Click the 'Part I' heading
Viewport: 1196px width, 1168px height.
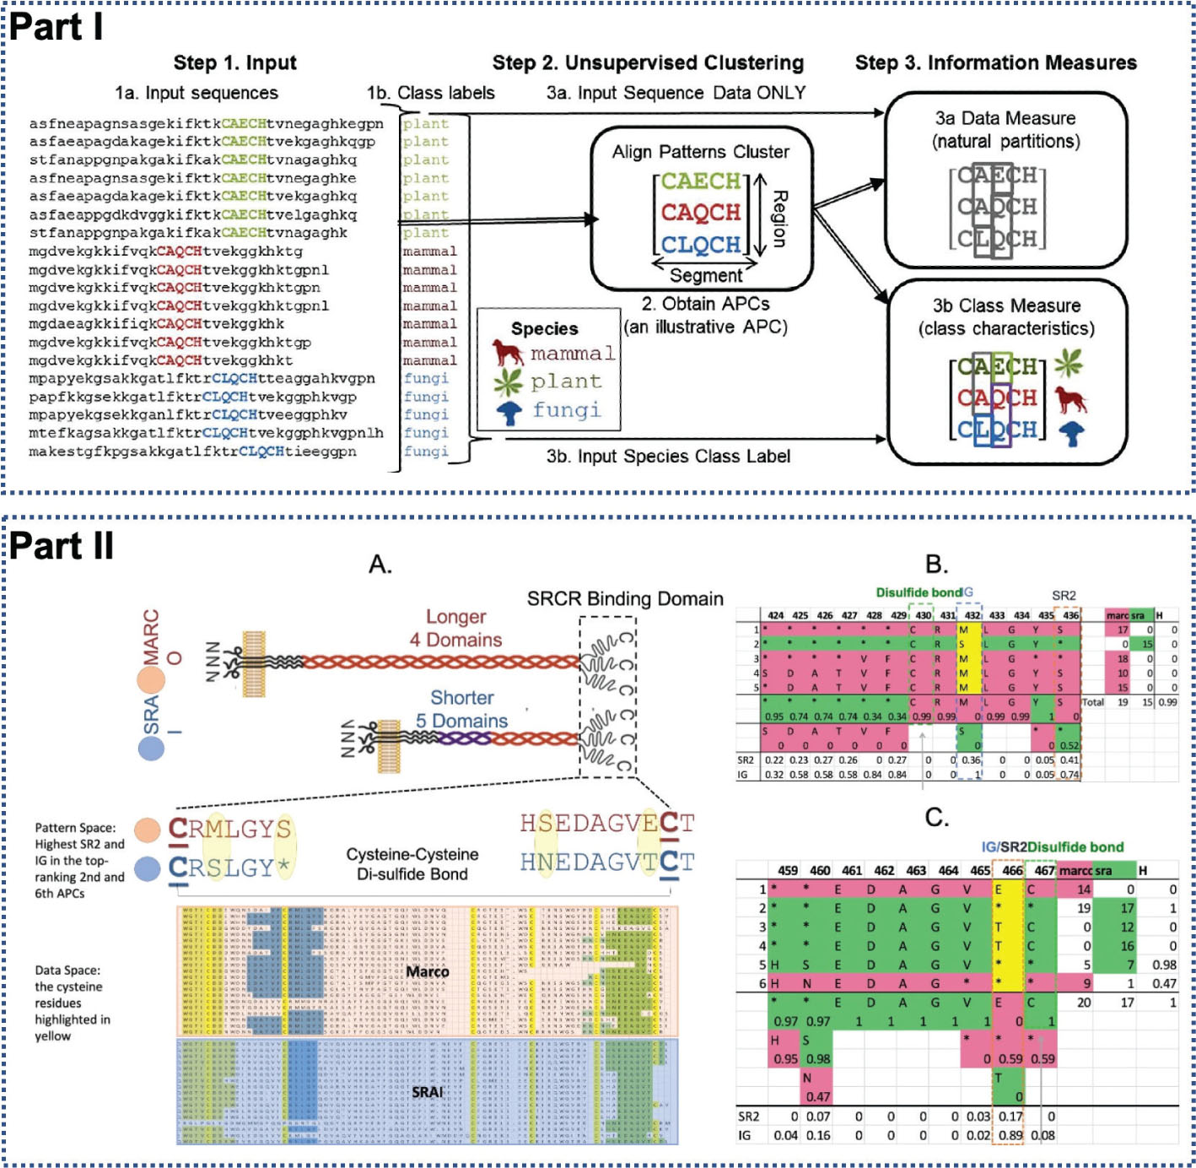tap(57, 27)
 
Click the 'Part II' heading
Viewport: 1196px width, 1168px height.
tap(62, 546)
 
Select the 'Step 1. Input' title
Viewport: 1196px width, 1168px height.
tap(234, 63)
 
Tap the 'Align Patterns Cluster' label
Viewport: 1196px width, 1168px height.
tap(700, 152)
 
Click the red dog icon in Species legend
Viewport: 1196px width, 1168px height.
tap(508, 352)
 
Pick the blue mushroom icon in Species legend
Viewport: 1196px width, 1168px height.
tap(509, 413)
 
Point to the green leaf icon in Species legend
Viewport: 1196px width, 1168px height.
tap(508, 382)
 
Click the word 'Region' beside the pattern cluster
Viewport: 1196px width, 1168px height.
tap(779, 219)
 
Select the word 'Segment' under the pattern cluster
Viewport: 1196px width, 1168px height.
tap(706, 275)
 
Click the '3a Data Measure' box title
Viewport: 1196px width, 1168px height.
tap(1005, 119)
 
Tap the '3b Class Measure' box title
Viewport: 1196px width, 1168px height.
tap(1006, 306)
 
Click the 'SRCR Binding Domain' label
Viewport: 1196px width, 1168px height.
tap(625, 599)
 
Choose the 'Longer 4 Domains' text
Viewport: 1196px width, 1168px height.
tap(456, 629)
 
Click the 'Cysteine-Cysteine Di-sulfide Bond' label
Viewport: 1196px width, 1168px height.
tap(412, 864)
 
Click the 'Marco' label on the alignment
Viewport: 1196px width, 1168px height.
tap(428, 972)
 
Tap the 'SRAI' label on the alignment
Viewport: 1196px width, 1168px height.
tap(428, 1092)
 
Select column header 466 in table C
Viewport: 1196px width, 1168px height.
tap(1012, 870)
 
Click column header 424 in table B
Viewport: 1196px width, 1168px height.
tap(775, 615)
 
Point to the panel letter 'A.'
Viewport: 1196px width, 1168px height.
tap(380, 565)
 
